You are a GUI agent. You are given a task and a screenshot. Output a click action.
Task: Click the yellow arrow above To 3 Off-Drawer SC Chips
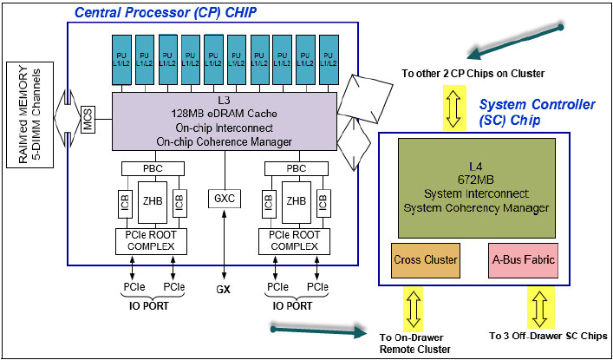click(x=539, y=308)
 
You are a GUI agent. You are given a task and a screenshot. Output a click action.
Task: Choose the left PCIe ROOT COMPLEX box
click(x=150, y=241)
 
